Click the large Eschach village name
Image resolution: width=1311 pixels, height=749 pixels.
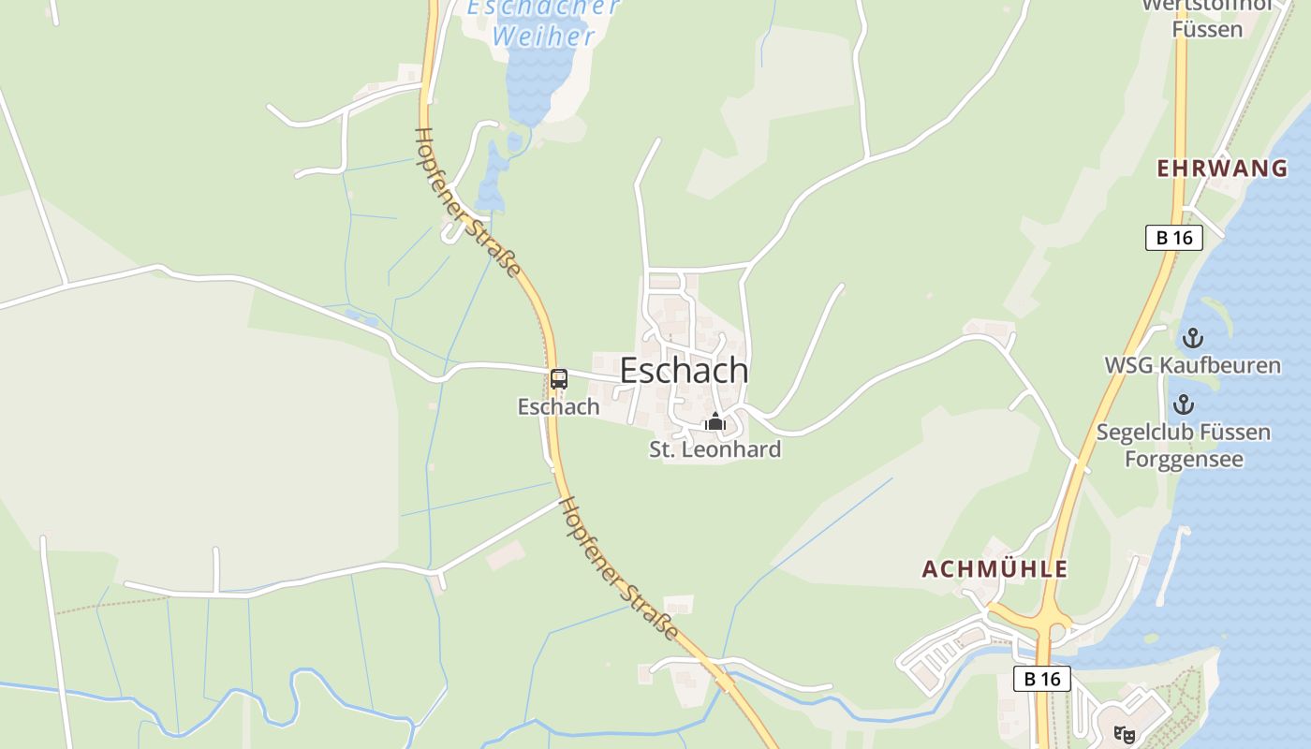point(684,371)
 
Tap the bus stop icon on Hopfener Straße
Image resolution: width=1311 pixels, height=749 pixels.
point(559,379)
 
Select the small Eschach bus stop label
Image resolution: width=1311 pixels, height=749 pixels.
point(558,406)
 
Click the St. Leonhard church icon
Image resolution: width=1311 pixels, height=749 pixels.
point(715,422)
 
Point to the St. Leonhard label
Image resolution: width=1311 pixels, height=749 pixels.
point(715,449)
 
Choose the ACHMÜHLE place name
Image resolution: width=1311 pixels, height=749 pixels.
point(994,569)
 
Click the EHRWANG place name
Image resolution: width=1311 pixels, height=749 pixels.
point(1222,169)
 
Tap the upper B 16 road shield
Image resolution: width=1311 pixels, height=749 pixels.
point(1174,238)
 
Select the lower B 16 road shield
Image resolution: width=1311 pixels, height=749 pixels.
point(1042,679)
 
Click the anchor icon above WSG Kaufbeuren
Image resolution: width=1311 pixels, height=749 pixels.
point(1193,338)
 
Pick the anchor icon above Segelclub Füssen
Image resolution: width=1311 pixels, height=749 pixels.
point(1185,405)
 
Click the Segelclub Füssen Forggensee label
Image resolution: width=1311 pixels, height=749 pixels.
point(1184,446)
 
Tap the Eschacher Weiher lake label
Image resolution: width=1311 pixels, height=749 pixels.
point(543,22)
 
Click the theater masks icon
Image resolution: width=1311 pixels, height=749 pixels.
point(1124,735)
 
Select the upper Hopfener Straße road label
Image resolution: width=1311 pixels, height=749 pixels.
point(467,202)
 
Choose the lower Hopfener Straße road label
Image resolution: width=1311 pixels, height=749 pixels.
point(618,568)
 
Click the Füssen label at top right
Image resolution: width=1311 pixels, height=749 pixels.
point(1207,29)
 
